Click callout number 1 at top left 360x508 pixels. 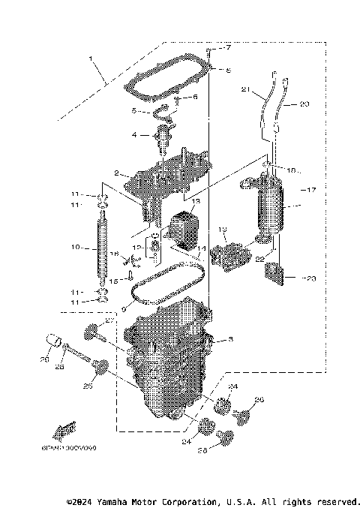(x=91, y=59)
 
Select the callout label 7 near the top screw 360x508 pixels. (x=229, y=49)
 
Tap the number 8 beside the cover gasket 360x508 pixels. (x=229, y=70)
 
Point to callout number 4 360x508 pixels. (x=134, y=135)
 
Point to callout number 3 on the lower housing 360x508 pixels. (x=230, y=340)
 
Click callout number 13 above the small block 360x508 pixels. (x=196, y=203)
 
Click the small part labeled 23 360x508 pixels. (x=274, y=276)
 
